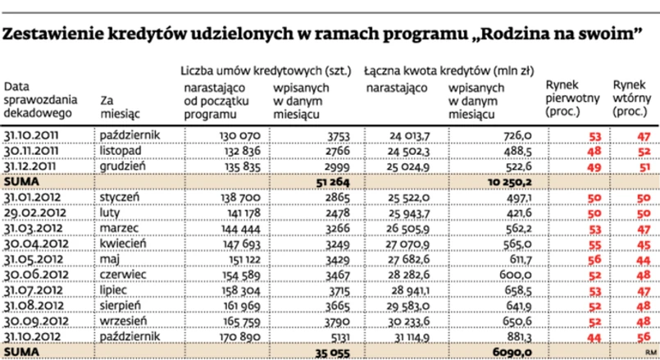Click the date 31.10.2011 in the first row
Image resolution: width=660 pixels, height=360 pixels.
[x=33, y=134]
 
